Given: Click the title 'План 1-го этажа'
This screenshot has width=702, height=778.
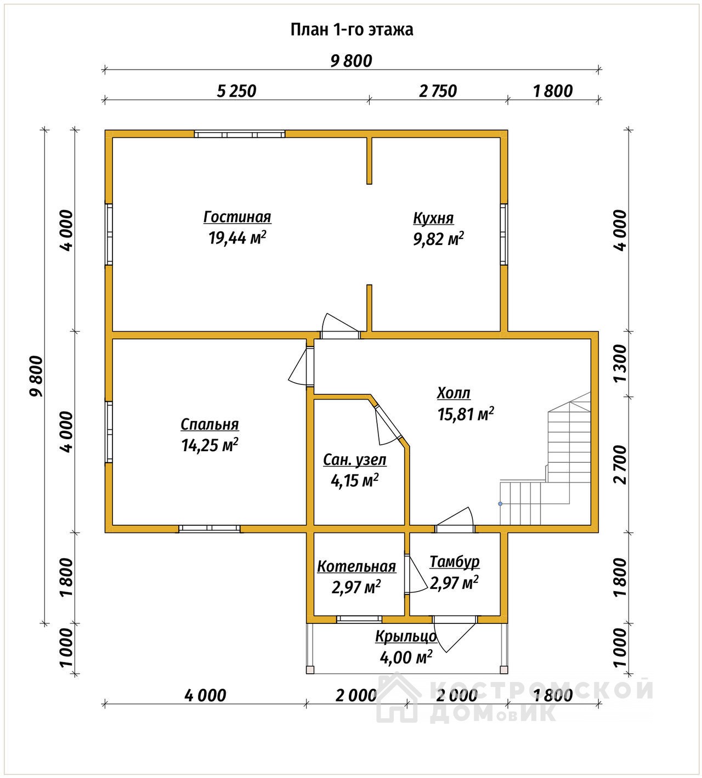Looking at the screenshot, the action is (x=352, y=30).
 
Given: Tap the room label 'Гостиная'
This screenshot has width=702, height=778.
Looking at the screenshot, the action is (x=237, y=217).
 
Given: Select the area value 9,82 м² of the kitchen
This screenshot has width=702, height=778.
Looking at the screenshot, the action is (x=439, y=239).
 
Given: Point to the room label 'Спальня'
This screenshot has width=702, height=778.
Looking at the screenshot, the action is (x=210, y=424).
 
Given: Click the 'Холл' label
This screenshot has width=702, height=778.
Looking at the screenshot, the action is (x=454, y=393).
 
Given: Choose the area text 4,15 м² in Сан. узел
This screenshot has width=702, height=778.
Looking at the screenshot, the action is (x=355, y=481).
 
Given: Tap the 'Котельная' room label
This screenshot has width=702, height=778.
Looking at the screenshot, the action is (x=356, y=566).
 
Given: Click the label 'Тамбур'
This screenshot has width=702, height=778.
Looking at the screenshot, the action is (x=455, y=561).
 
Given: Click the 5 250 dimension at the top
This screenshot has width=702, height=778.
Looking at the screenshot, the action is (x=237, y=91).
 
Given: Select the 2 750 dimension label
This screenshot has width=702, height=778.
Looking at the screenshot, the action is (x=438, y=91).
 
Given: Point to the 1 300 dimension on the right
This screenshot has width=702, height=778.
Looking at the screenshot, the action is (x=620, y=364).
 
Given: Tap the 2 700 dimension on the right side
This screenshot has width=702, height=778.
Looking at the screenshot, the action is (x=620, y=465).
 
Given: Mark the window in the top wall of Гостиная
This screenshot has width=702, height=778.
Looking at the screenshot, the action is (x=240, y=134).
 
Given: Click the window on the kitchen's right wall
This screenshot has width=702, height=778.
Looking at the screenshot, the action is (x=503, y=235).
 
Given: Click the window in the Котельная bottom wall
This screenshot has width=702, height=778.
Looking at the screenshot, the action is (x=359, y=619).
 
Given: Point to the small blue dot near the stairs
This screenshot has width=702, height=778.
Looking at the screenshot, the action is (x=500, y=504).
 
